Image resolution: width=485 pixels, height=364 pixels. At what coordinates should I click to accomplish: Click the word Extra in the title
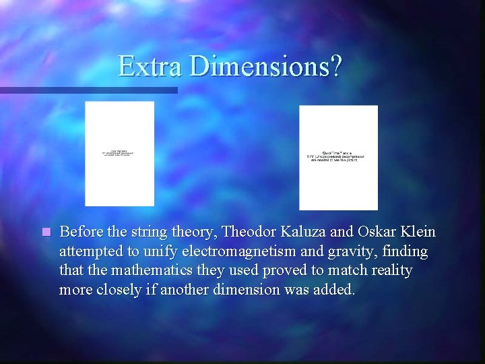pyautogui.click(x=150, y=66)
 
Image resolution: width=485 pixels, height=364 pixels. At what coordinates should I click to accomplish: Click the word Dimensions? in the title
pyautogui.click(x=266, y=66)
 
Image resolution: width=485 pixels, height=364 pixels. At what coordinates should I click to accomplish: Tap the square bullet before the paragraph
pyautogui.click(x=45, y=233)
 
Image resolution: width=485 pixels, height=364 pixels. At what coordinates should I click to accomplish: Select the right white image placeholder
pyautogui.click(x=338, y=158)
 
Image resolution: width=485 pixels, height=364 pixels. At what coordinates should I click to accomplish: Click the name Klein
pyautogui.click(x=419, y=232)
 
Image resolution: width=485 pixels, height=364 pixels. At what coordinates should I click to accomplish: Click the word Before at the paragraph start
pyautogui.click(x=79, y=232)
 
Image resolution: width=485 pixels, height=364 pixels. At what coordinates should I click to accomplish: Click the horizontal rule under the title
pyautogui.click(x=88, y=90)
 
